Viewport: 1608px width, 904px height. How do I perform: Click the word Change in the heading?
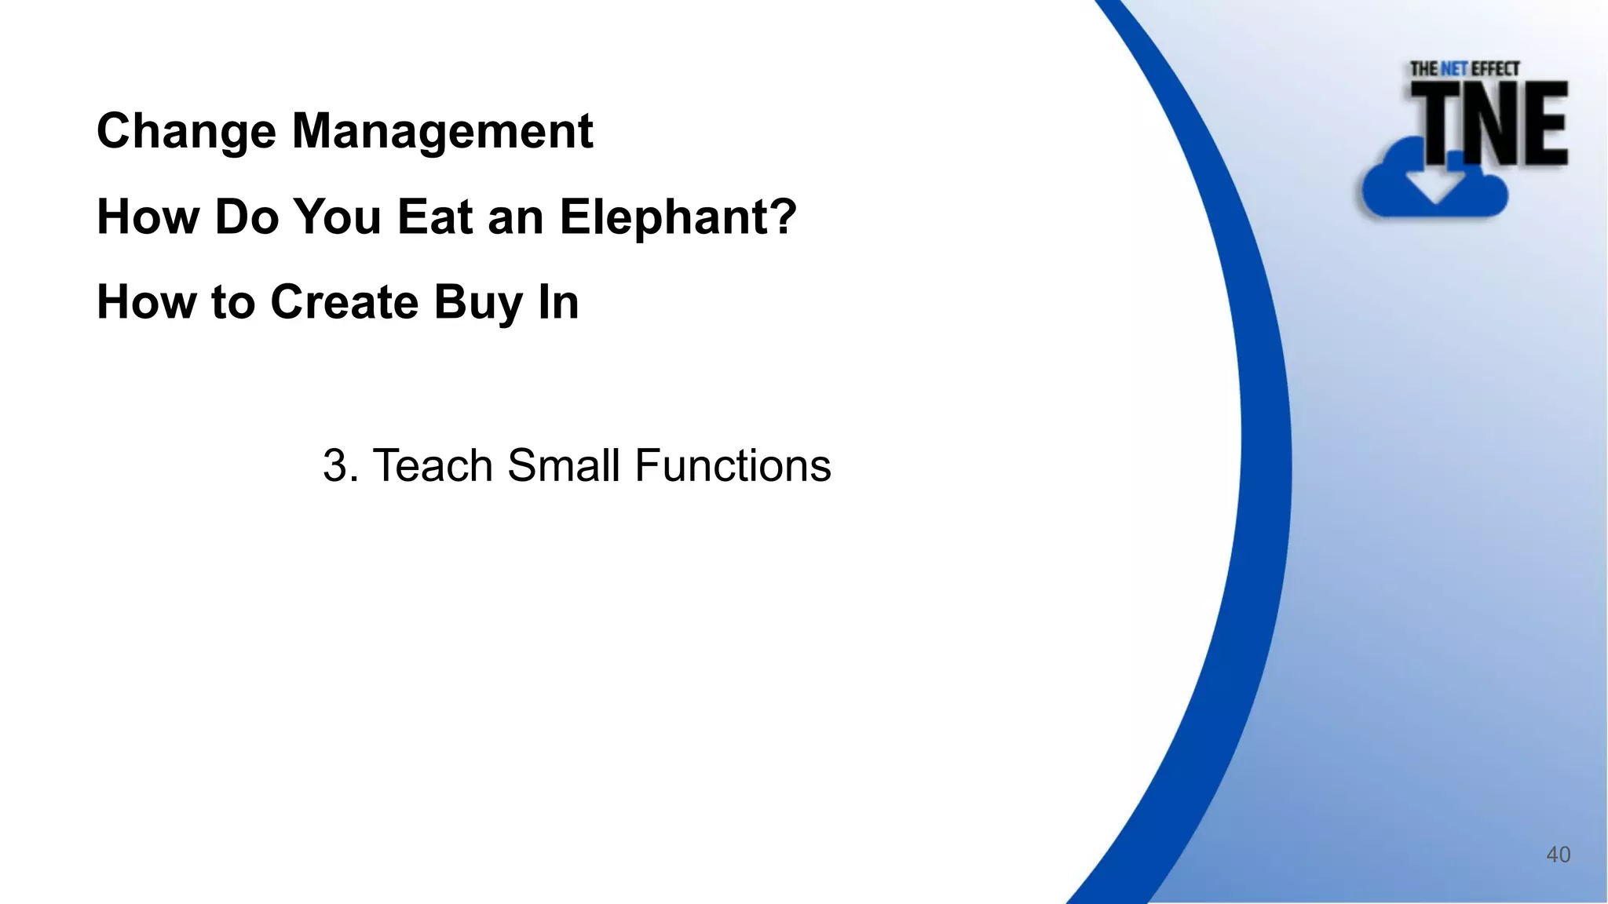point(185,132)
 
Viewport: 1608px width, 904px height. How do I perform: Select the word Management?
point(442,130)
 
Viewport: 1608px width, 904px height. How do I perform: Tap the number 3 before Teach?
point(334,465)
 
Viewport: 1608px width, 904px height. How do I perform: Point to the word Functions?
point(733,465)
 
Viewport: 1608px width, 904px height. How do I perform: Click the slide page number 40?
point(1558,855)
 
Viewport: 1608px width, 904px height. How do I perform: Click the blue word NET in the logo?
point(1454,69)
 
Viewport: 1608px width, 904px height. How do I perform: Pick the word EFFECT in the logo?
point(1495,69)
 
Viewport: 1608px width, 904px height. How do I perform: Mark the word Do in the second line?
point(247,217)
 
